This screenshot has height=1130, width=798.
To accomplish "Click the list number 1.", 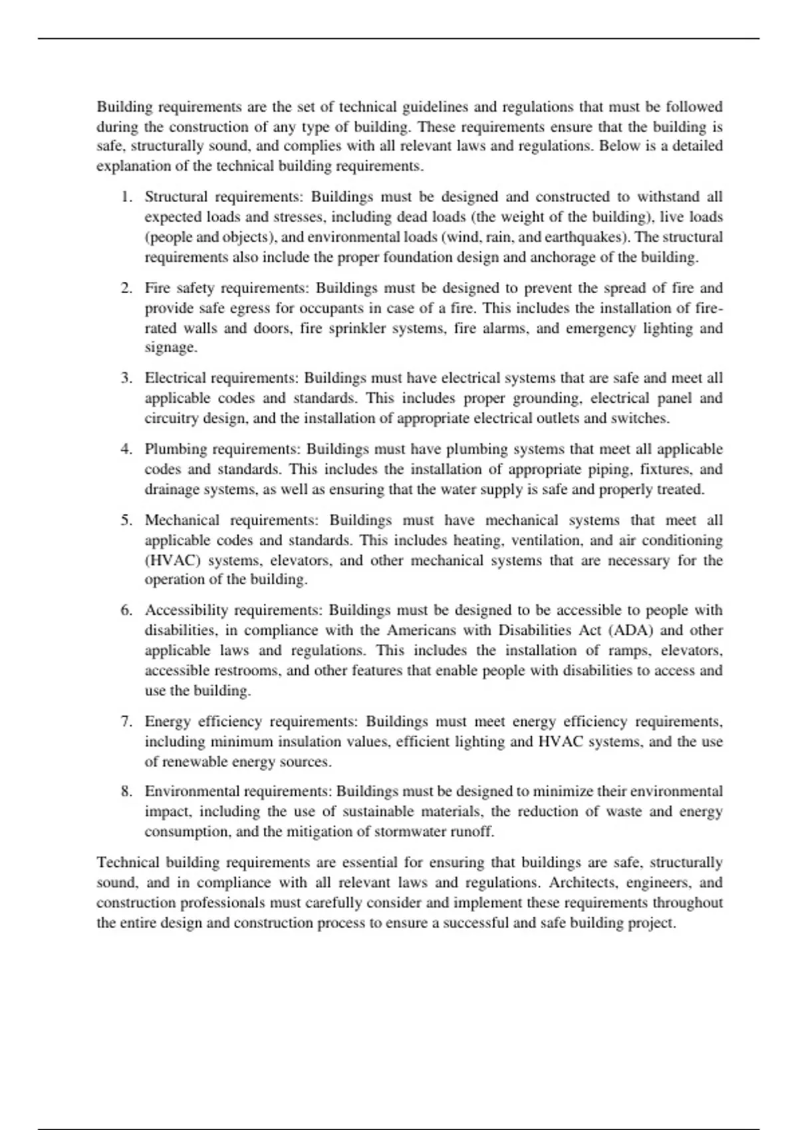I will pos(126,197).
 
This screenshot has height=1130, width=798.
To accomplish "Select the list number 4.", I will pos(126,449).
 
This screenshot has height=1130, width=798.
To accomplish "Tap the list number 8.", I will pos(126,792).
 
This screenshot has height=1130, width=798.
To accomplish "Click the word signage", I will pos(170,348).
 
